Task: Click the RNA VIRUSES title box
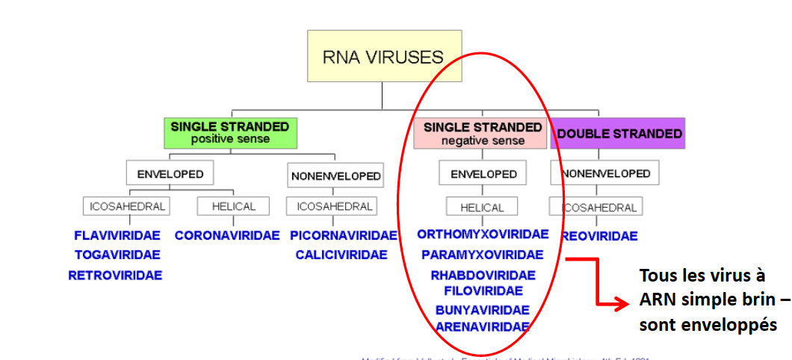coord(382,56)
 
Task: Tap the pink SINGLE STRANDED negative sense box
coord(482,133)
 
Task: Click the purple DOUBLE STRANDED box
coord(619,134)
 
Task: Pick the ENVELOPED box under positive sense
coord(170,174)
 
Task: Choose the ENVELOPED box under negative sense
coord(483,174)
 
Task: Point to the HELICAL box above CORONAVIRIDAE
coord(234,206)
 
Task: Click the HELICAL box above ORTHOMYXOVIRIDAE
coord(482,207)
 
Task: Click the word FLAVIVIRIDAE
coord(117,236)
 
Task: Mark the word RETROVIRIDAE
coord(115,275)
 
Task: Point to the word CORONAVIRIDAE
coord(227,236)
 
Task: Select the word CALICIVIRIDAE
coord(341,255)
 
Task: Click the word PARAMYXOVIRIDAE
coord(483,255)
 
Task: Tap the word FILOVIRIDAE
coord(483,291)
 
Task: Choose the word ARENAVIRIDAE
coord(483,326)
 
